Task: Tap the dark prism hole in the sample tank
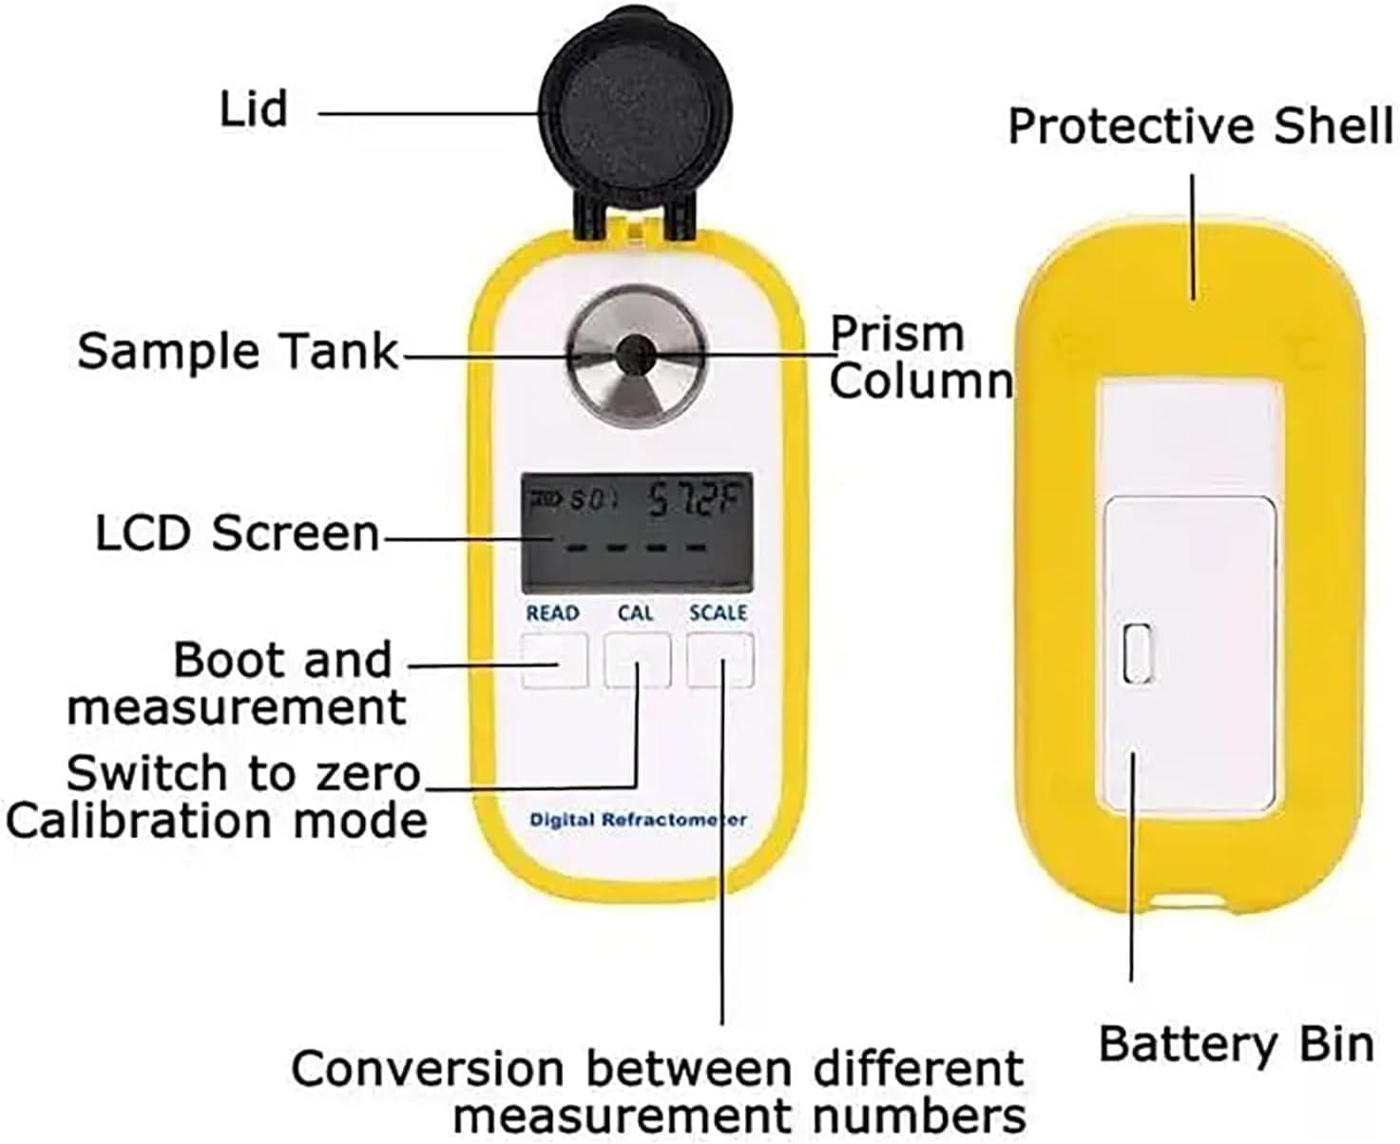coord(628,356)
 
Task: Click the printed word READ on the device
coord(552,613)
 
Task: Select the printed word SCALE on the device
coord(719,613)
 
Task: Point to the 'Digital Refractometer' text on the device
coord(638,819)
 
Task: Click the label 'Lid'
coord(254,109)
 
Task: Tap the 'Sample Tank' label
coord(238,351)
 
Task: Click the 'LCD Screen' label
coord(238,533)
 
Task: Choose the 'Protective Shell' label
coord(1199,126)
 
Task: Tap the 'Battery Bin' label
coord(1236,1044)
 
